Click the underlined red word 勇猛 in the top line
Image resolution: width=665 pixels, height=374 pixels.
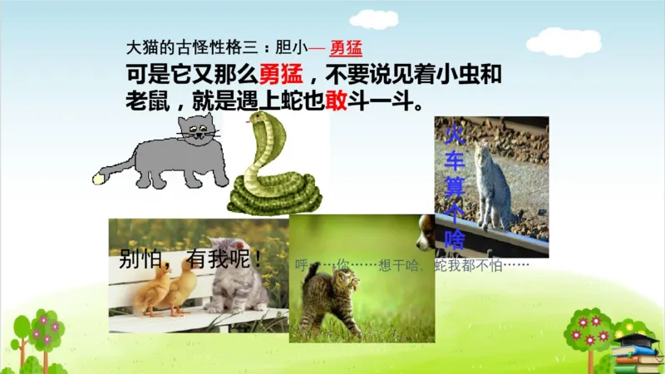(x=346, y=47)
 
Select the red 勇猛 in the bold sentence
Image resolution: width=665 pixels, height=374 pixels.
(x=276, y=74)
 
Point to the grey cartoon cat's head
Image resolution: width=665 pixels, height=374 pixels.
(x=197, y=130)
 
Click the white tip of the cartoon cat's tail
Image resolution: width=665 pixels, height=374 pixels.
(x=100, y=176)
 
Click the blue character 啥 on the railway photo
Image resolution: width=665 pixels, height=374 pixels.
(x=455, y=240)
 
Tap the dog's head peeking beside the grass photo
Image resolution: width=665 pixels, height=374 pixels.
(x=426, y=232)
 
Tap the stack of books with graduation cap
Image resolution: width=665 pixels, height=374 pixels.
(x=635, y=353)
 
